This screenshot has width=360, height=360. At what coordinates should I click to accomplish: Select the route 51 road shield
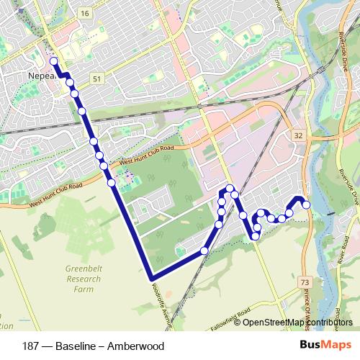(x=97, y=77)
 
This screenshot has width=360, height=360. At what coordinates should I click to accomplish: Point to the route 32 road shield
(x=297, y=135)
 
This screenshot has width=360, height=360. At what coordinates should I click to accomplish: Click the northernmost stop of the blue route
(x=53, y=61)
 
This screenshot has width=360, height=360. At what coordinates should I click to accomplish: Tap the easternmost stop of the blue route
(x=306, y=205)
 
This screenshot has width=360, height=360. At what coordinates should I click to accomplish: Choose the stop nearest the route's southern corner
(x=204, y=251)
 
